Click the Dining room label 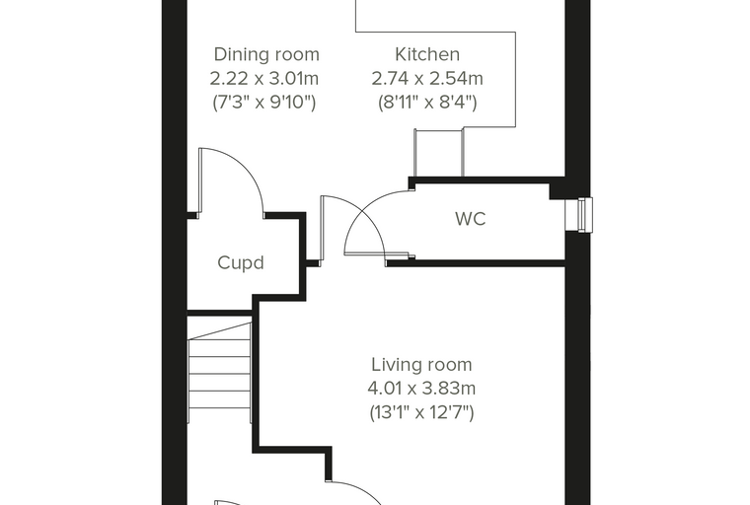pyautogui.click(x=266, y=54)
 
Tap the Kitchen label pyautogui.click(x=427, y=54)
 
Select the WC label pyautogui.click(x=471, y=219)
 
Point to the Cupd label pyautogui.click(x=241, y=263)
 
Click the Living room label pyautogui.click(x=422, y=365)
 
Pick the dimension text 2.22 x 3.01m pyautogui.click(x=264, y=79)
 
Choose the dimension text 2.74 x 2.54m pyautogui.click(x=427, y=79)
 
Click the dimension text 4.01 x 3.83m pyautogui.click(x=421, y=389)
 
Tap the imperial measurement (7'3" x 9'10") pyautogui.click(x=264, y=103)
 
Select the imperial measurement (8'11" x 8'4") pyautogui.click(x=427, y=103)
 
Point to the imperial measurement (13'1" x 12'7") pyautogui.click(x=421, y=412)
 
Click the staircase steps pyautogui.click(x=220, y=373)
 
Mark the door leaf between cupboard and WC pyautogui.click(x=323, y=230)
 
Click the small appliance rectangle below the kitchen pyautogui.click(x=438, y=152)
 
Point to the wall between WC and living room pyautogui.click(x=476, y=263)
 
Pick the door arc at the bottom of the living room pyautogui.click(x=356, y=492)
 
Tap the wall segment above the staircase pyautogui.click(x=219, y=313)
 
